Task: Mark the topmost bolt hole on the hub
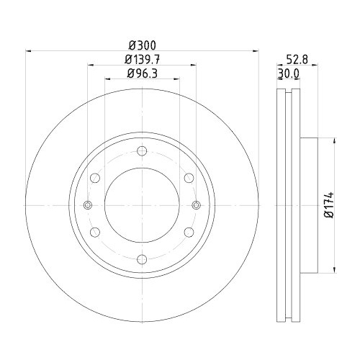(141, 150)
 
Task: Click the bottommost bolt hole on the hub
(141, 258)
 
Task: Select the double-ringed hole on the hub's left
(88, 205)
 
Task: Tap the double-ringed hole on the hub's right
(195, 205)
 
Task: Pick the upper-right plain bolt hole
(188, 178)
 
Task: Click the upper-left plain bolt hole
(95, 178)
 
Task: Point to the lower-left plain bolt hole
(95, 232)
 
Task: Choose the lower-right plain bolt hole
(188, 232)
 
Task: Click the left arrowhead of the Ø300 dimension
(29, 50)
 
